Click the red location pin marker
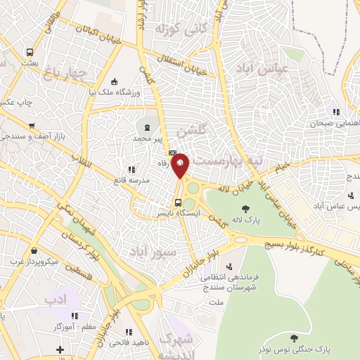coord(180,165)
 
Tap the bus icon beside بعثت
coord(30,53)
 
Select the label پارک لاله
coord(245,221)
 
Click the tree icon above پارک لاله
coord(245,208)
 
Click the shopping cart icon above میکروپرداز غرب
coord(33,250)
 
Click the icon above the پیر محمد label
coord(146,127)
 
